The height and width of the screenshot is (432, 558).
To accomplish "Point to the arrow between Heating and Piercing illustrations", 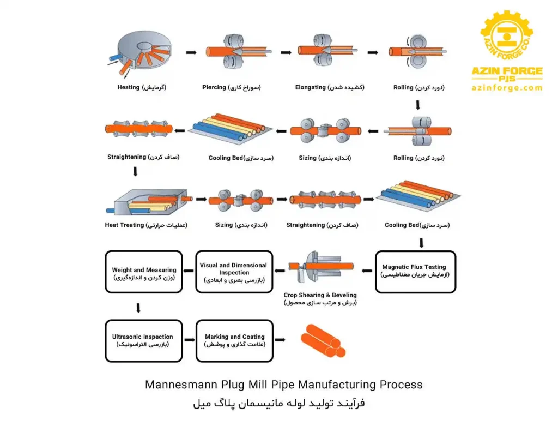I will [x=191, y=52].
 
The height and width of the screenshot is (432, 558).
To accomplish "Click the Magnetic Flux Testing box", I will [x=415, y=271].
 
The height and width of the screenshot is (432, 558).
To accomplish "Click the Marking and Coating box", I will [x=234, y=340].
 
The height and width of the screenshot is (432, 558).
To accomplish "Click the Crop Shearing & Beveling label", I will [x=320, y=295].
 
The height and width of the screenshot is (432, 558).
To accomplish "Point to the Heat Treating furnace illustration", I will [x=144, y=201].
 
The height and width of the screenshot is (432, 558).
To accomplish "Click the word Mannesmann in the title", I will [x=178, y=385].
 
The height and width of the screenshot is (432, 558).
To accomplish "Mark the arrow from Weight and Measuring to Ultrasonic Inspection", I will [x=138, y=308].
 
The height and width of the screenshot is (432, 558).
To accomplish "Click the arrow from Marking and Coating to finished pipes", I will [x=280, y=340].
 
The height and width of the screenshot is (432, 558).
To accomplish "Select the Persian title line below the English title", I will [x=279, y=404].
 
